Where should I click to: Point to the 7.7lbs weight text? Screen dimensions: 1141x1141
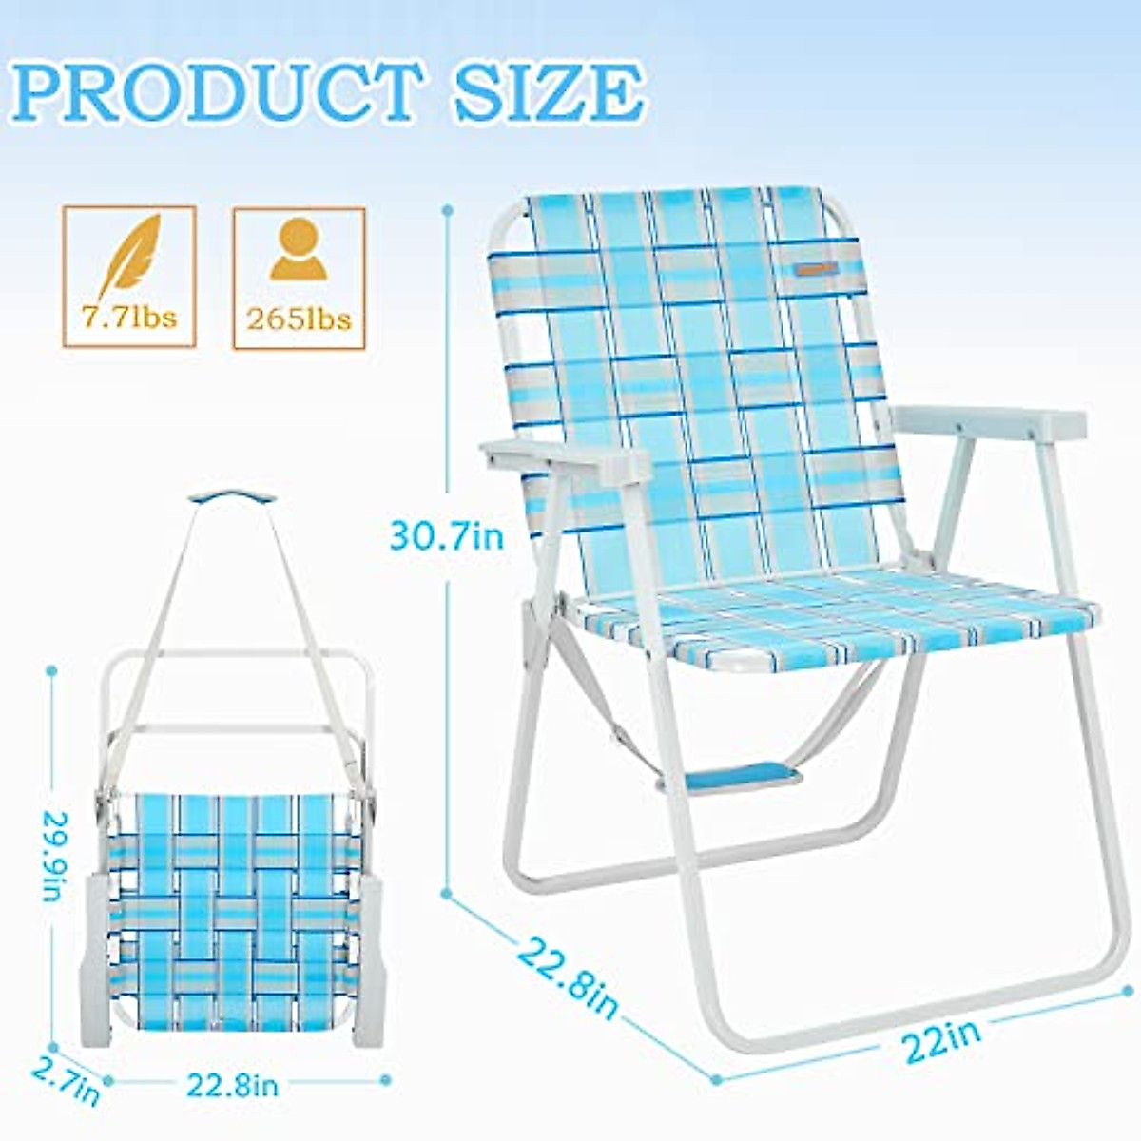pyautogui.click(x=129, y=317)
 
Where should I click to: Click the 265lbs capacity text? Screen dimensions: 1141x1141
pyautogui.click(x=299, y=318)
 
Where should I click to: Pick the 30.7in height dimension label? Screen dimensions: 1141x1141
pyautogui.click(x=446, y=538)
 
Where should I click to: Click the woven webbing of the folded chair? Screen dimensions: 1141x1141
pyautogui.click(x=234, y=913)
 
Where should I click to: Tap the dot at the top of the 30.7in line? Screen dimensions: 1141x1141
pyautogui.click(x=448, y=209)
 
